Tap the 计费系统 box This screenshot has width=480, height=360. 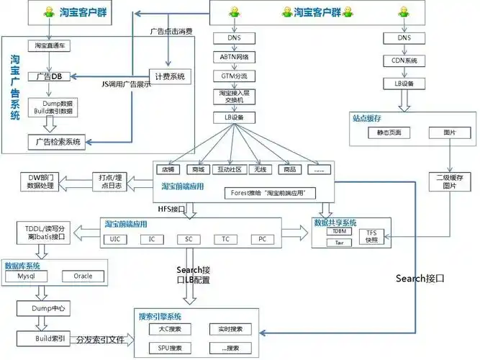pyautogui.click(x=170, y=76)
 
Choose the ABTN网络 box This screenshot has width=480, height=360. pyautogui.click(x=233, y=55)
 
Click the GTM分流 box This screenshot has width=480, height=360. pyautogui.click(x=233, y=75)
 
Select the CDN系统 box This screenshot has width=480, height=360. pyautogui.click(x=409, y=60)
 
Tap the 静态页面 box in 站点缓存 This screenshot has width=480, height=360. pyautogui.click(x=389, y=132)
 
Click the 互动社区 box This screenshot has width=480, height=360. pyautogui.click(x=227, y=170)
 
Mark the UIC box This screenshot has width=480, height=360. pyautogui.click(x=116, y=238)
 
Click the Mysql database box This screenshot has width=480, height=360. pyautogui.click(x=27, y=276)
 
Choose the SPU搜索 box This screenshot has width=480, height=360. pyautogui.click(x=168, y=348)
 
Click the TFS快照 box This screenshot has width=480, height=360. pyautogui.click(x=371, y=236)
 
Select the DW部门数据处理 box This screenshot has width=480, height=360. pyautogui.click(x=35, y=181)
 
